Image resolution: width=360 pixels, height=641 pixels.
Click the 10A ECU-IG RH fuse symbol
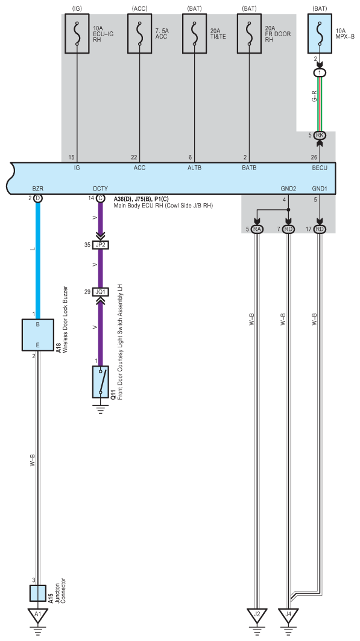[x=77, y=34]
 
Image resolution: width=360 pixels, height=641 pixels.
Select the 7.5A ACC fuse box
[x=140, y=34]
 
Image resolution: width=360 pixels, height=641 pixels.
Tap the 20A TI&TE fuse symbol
[x=194, y=34]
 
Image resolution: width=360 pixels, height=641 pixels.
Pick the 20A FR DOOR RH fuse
[x=249, y=34]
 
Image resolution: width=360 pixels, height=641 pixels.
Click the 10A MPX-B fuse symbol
[x=320, y=34]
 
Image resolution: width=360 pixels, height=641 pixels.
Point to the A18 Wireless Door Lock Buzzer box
[x=37, y=335]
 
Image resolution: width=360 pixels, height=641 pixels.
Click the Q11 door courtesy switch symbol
[x=101, y=382]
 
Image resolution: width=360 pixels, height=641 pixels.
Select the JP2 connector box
[x=101, y=245]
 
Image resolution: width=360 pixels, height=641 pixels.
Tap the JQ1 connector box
[x=101, y=292]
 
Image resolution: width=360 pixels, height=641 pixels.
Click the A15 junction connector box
[x=37, y=593]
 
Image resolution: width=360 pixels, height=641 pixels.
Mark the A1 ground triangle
[x=37, y=615]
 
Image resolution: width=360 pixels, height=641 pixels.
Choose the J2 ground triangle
[x=257, y=615]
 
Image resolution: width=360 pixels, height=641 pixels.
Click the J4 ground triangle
[x=288, y=615]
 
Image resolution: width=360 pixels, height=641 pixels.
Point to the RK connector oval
[x=320, y=135]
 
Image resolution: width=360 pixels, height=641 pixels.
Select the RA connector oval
[x=257, y=229]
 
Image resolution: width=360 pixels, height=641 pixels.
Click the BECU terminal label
[x=320, y=168]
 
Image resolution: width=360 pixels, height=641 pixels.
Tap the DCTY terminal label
[x=101, y=189]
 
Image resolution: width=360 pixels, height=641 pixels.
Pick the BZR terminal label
[x=37, y=189]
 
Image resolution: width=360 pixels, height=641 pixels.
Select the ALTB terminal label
[x=194, y=168]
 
